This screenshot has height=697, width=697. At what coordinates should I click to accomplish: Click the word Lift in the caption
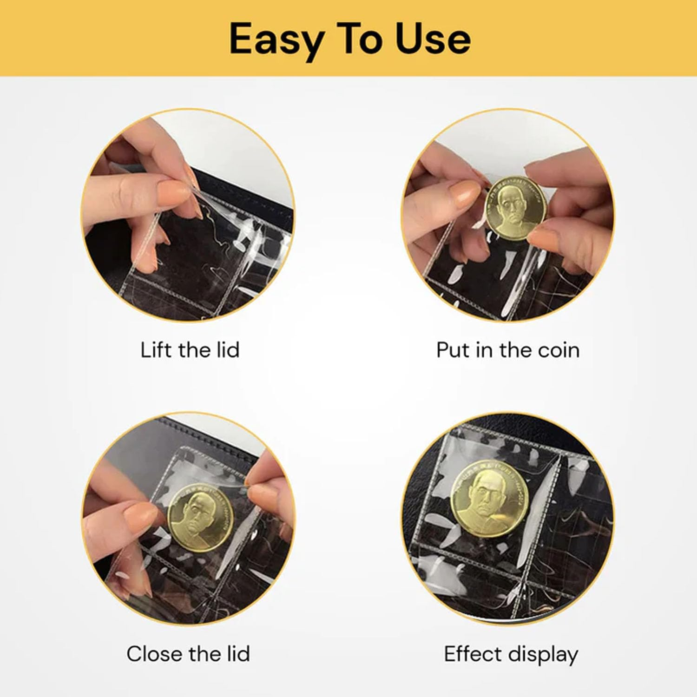click(157, 349)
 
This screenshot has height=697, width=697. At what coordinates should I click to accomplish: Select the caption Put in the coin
click(508, 350)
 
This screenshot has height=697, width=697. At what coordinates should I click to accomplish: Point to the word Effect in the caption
click(472, 654)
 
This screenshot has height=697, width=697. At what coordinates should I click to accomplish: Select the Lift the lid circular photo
click(188, 216)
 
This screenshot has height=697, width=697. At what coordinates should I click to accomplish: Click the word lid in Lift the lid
click(228, 349)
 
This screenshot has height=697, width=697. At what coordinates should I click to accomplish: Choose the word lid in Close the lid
click(238, 654)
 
